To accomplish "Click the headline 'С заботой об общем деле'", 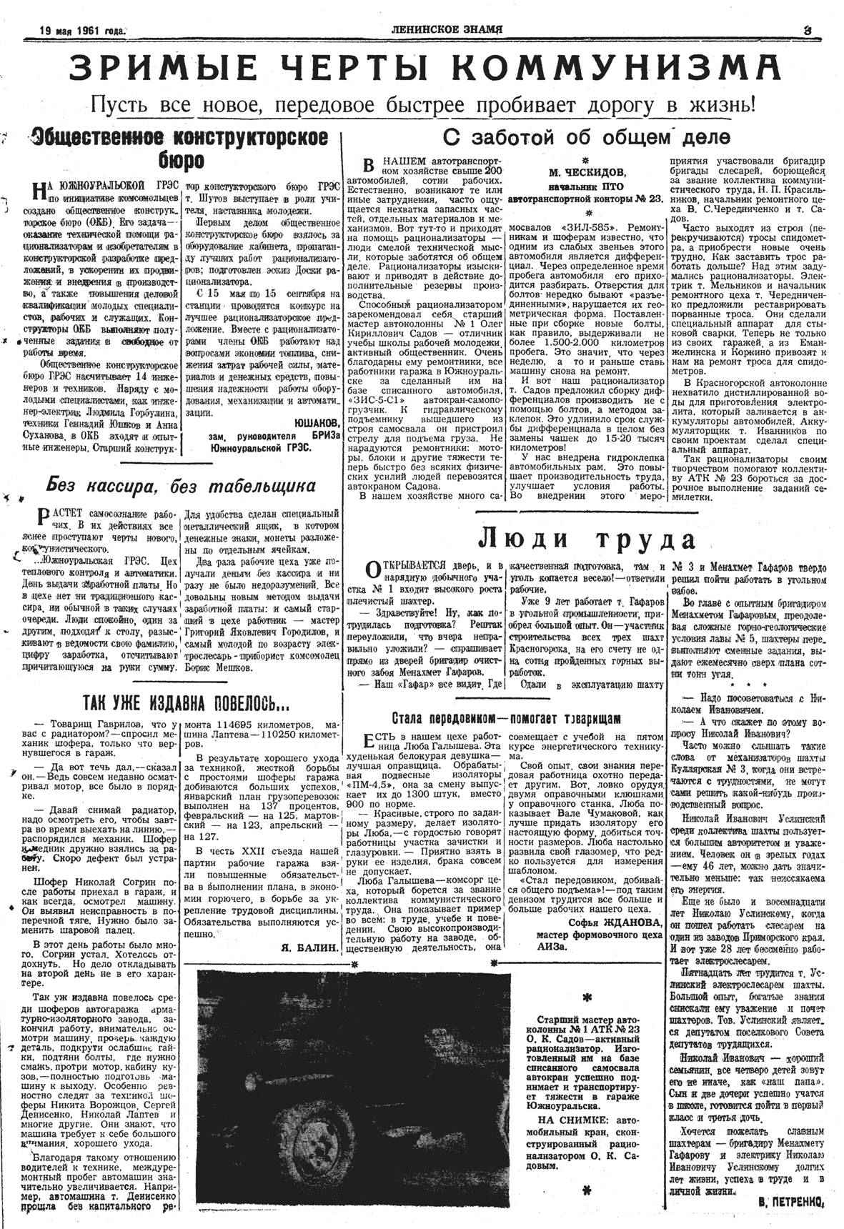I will click(587, 136).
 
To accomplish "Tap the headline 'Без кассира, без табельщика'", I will click(181, 487).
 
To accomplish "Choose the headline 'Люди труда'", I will click(585, 538).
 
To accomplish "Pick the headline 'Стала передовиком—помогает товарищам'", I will click(507, 717).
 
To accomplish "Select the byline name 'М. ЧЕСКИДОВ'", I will click(585, 172).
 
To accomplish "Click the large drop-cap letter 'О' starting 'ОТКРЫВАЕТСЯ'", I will click(372, 569).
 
